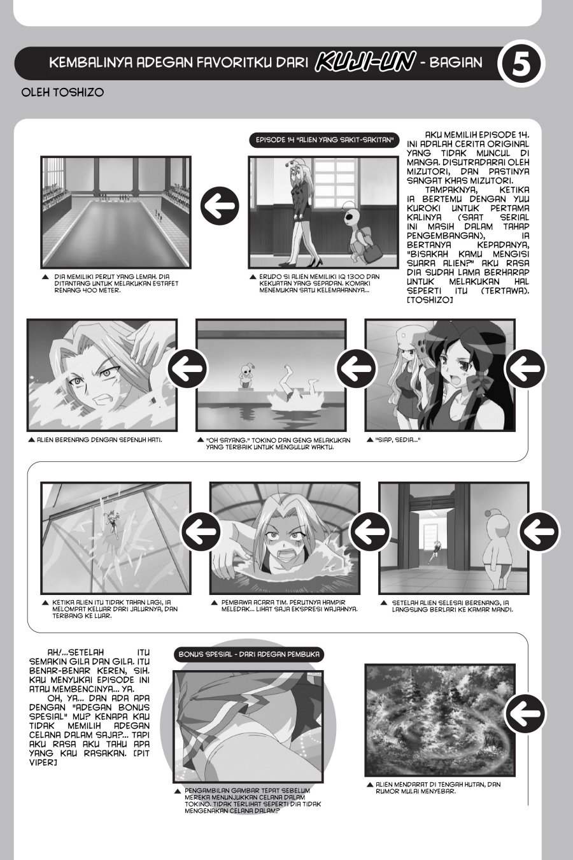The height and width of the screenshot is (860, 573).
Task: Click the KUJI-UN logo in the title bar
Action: [x=365, y=62]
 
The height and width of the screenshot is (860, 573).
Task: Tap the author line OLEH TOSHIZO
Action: [x=62, y=92]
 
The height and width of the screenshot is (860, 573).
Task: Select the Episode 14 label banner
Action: [x=325, y=140]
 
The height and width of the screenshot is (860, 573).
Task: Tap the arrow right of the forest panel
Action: [x=525, y=713]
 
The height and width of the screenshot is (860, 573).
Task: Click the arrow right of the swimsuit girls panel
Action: [x=525, y=368]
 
